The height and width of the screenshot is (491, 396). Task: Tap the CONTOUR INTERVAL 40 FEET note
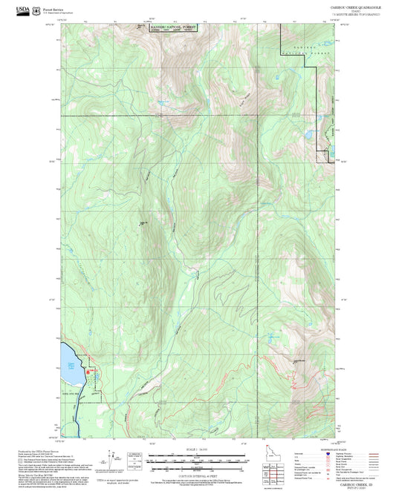[x=198, y=472]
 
